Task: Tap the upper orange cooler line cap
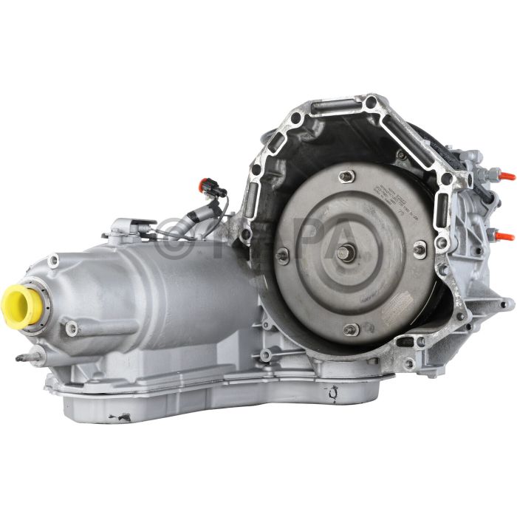[x=506, y=177]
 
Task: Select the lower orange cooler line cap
[x=506, y=236]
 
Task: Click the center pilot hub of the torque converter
[x=345, y=253]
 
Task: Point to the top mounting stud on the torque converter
[x=346, y=176]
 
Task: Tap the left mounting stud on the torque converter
[x=282, y=256]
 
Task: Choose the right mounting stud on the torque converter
[x=420, y=249]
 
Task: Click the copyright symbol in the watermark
[x=172, y=233]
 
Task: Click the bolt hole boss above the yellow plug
[x=53, y=260]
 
